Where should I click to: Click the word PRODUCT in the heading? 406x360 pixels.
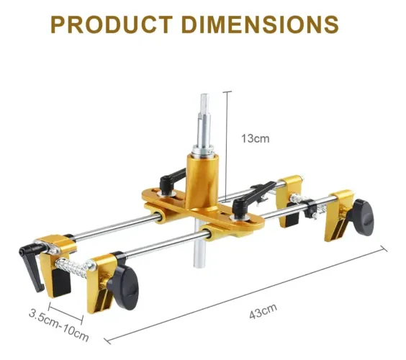[112, 24]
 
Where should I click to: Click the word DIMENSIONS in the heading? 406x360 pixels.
[260, 24]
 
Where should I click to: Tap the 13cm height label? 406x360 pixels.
[256, 138]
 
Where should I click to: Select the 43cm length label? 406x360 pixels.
[263, 311]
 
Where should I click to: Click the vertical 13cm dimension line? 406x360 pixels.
[227, 146]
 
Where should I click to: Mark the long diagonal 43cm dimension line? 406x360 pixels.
[245, 295]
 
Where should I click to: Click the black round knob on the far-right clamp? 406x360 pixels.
[363, 217]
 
